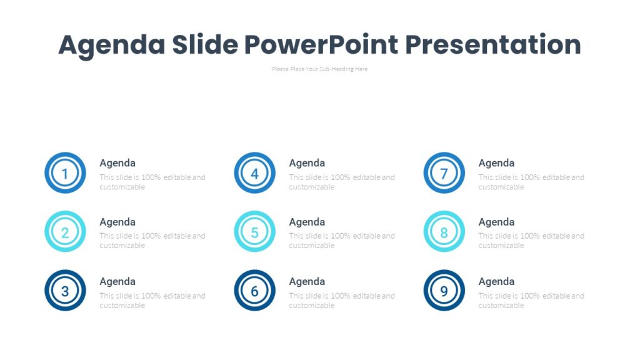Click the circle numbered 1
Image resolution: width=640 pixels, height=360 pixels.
click(65, 173)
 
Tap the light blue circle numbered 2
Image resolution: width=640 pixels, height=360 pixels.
click(65, 232)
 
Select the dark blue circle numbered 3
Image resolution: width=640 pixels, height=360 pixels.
click(65, 291)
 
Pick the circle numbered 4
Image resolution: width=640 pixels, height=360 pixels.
click(254, 173)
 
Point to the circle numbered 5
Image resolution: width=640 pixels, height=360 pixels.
click(254, 232)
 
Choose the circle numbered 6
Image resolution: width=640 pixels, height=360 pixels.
click(254, 291)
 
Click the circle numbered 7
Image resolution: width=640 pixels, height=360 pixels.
click(444, 173)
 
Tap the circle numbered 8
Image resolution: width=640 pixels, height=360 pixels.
click(444, 232)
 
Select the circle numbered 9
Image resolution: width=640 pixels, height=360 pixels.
click(444, 291)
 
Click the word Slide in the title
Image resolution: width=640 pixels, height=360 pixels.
click(204, 45)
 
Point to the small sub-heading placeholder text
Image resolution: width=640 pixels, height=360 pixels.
click(319, 69)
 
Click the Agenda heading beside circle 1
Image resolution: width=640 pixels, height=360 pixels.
click(117, 163)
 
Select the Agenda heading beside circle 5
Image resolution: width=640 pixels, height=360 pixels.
click(307, 222)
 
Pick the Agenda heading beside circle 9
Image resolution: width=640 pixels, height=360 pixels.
click(496, 281)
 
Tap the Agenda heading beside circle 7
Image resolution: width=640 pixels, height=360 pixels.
click(496, 163)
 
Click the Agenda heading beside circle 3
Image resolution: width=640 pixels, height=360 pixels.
click(117, 281)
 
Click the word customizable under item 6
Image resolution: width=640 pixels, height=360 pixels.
click(311, 306)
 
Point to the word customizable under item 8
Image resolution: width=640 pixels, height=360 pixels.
click(501, 246)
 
